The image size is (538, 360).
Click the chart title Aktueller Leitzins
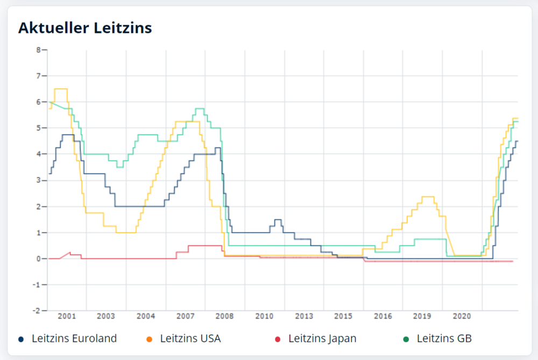(85, 27)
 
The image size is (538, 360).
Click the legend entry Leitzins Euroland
(74, 338)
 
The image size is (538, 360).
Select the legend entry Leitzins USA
(190, 338)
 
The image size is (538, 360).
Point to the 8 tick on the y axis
(38, 50)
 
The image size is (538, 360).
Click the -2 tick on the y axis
(37, 311)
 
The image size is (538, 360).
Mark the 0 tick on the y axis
(38, 259)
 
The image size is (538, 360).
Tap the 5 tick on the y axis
(38, 128)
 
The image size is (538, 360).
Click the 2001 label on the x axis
(67, 316)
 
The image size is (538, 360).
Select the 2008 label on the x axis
(224, 316)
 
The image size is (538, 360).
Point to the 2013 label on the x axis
(304, 316)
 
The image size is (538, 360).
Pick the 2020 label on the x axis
(462, 316)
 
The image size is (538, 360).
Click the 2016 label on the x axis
(383, 316)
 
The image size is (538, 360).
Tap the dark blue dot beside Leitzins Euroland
(21, 339)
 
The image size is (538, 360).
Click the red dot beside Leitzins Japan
(278, 339)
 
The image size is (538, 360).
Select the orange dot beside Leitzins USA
(149, 339)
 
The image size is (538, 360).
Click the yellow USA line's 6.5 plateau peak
(60, 89)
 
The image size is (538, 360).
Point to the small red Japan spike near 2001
(70, 252)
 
